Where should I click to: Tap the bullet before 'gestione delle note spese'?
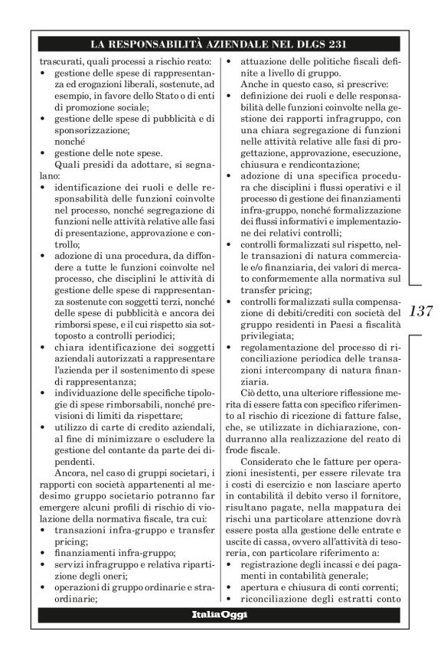pyautogui.click(x=44, y=153)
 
